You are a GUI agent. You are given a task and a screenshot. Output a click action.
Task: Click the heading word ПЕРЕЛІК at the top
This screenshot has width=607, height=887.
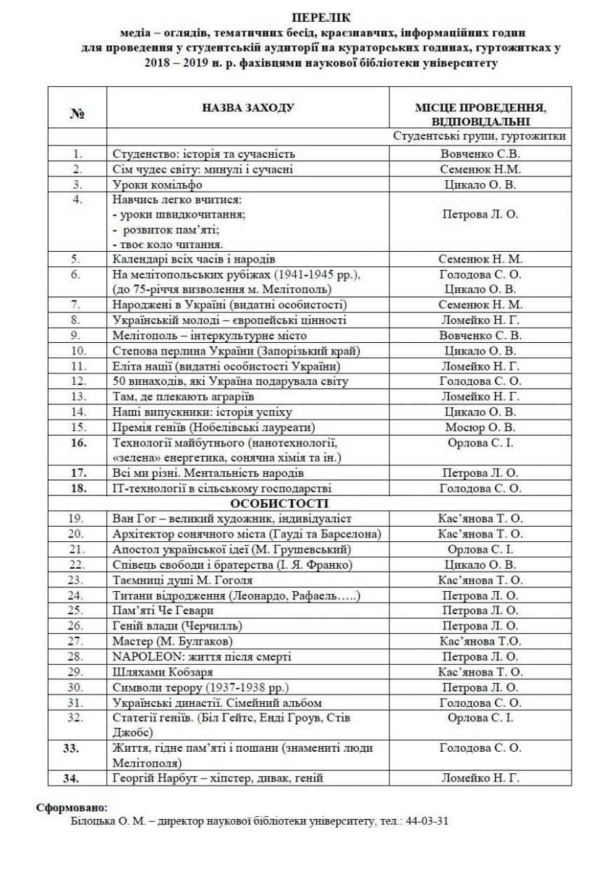tap(304, 17)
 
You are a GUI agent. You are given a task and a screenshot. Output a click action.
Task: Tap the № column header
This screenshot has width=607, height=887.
tap(77, 114)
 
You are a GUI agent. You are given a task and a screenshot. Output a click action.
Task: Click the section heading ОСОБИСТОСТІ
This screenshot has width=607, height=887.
tap(279, 503)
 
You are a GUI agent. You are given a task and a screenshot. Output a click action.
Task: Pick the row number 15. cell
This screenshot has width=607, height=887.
tap(79, 427)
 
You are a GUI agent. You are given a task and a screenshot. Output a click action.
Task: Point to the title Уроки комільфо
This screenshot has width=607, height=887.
tap(156, 184)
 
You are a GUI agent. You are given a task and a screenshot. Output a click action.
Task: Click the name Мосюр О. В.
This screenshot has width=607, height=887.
tap(480, 427)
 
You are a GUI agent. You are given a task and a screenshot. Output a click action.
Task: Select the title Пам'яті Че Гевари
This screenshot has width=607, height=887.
tap(164, 611)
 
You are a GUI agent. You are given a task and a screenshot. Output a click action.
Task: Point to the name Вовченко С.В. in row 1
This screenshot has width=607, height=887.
tap(480, 154)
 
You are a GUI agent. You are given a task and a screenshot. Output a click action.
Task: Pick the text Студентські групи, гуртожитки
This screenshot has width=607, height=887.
tap(480, 135)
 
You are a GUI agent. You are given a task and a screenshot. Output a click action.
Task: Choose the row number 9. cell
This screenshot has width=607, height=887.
tap(79, 336)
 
